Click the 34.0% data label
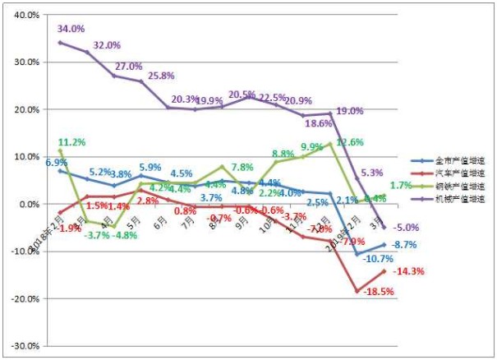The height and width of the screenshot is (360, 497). pyautogui.click(x=71, y=29)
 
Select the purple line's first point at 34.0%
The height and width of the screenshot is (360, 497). pyautogui.click(x=60, y=42)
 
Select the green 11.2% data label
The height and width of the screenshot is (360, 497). pyautogui.click(x=71, y=141)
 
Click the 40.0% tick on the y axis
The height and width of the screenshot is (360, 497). pyautogui.click(x=27, y=15)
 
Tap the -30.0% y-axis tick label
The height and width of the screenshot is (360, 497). pyautogui.click(x=25, y=346)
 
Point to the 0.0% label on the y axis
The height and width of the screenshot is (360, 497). pyautogui.click(x=30, y=204)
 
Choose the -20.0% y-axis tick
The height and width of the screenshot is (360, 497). pyautogui.click(x=25, y=298)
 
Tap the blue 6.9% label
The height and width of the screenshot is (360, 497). pyautogui.click(x=56, y=163)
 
